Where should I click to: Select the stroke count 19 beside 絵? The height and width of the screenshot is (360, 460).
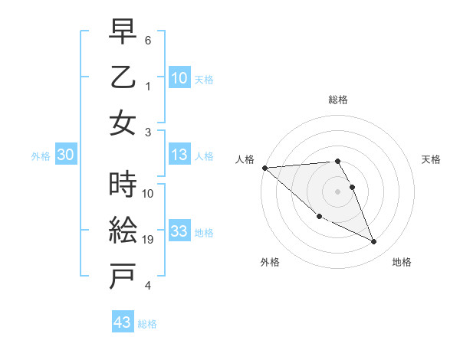[x=150, y=240]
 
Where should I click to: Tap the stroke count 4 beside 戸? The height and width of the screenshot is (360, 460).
[x=148, y=286]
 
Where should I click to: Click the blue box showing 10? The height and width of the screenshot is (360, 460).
[x=179, y=77]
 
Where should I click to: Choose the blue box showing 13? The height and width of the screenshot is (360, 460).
[x=179, y=155]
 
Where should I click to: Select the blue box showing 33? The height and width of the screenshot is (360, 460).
[x=179, y=232]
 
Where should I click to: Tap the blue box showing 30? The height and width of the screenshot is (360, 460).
[x=65, y=155]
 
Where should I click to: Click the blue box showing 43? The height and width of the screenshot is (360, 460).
[x=122, y=322]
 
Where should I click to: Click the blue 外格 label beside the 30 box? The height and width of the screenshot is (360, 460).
[x=41, y=156]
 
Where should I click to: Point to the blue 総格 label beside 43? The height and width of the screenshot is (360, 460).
[x=147, y=324]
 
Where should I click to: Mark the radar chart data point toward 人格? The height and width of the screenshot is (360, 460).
[x=264, y=168]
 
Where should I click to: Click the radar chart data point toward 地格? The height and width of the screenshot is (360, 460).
[x=373, y=242]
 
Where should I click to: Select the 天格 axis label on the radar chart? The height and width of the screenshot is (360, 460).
[x=432, y=159]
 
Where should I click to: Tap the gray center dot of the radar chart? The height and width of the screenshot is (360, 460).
[x=337, y=191]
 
